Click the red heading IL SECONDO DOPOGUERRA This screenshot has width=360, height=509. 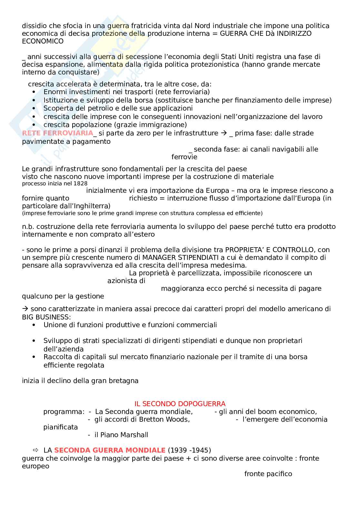click(x=180, y=404)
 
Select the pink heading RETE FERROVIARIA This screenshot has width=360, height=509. click(x=57, y=133)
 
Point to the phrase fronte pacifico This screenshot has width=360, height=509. click(x=268, y=474)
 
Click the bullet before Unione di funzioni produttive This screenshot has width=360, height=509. click(x=34, y=325)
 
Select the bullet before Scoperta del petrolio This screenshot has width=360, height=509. click(x=34, y=109)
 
